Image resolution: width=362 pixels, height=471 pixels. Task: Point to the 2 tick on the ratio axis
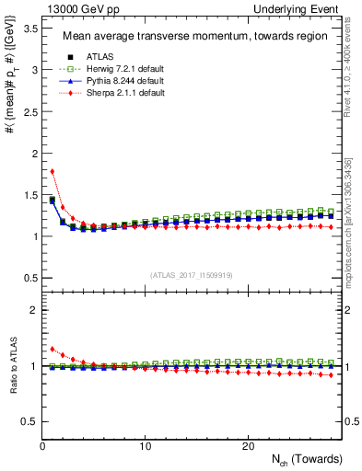click(x=34, y=311)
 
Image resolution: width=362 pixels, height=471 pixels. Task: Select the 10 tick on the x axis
click(x=145, y=446)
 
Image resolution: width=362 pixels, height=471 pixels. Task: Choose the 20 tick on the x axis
click(x=247, y=446)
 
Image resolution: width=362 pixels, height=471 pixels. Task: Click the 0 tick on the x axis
click(x=42, y=446)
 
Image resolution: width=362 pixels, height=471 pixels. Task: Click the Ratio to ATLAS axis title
click(x=12, y=365)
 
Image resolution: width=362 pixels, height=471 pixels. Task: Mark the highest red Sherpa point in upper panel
click(x=53, y=171)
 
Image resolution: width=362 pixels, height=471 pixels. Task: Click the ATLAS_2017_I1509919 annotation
click(x=191, y=274)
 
